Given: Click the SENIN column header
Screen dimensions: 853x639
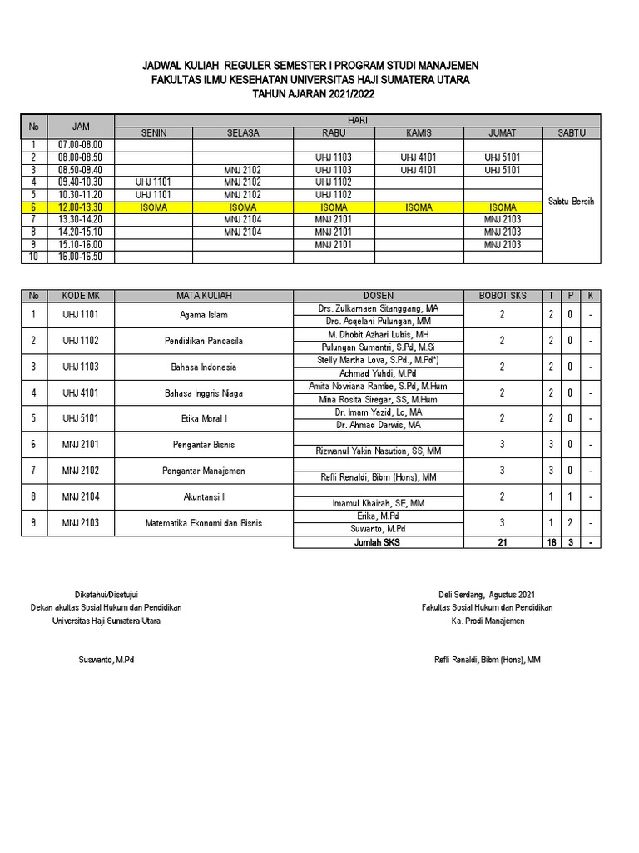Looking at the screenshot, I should coord(154,132).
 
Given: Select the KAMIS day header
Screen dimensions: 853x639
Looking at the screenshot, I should coord(419,132).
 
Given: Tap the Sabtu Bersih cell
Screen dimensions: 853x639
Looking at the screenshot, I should coord(572,201).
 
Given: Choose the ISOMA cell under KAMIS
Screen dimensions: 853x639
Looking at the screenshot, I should coord(419,207).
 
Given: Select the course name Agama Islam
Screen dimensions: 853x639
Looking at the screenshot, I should coord(204,315).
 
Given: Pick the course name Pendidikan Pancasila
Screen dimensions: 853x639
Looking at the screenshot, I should coord(204,341).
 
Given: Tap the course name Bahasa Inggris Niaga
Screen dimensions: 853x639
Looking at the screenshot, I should coord(204,393).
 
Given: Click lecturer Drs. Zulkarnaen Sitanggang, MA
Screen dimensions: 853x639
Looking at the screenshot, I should coord(379,308).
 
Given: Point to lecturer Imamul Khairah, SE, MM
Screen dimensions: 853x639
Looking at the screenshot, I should coord(379,503).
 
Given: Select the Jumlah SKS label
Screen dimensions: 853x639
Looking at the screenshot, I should coord(379,542).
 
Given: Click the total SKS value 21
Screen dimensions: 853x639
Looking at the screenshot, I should coord(502,542).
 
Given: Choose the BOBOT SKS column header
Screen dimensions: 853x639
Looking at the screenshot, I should coord(502,296).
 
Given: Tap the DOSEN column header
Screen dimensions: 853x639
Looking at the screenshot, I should coord(379,296).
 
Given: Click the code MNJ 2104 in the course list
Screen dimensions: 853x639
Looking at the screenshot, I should coord(80,497).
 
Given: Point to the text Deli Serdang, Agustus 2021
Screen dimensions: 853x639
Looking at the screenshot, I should coord(487,595).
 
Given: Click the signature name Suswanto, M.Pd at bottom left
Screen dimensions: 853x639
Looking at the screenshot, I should coord(106,660).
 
